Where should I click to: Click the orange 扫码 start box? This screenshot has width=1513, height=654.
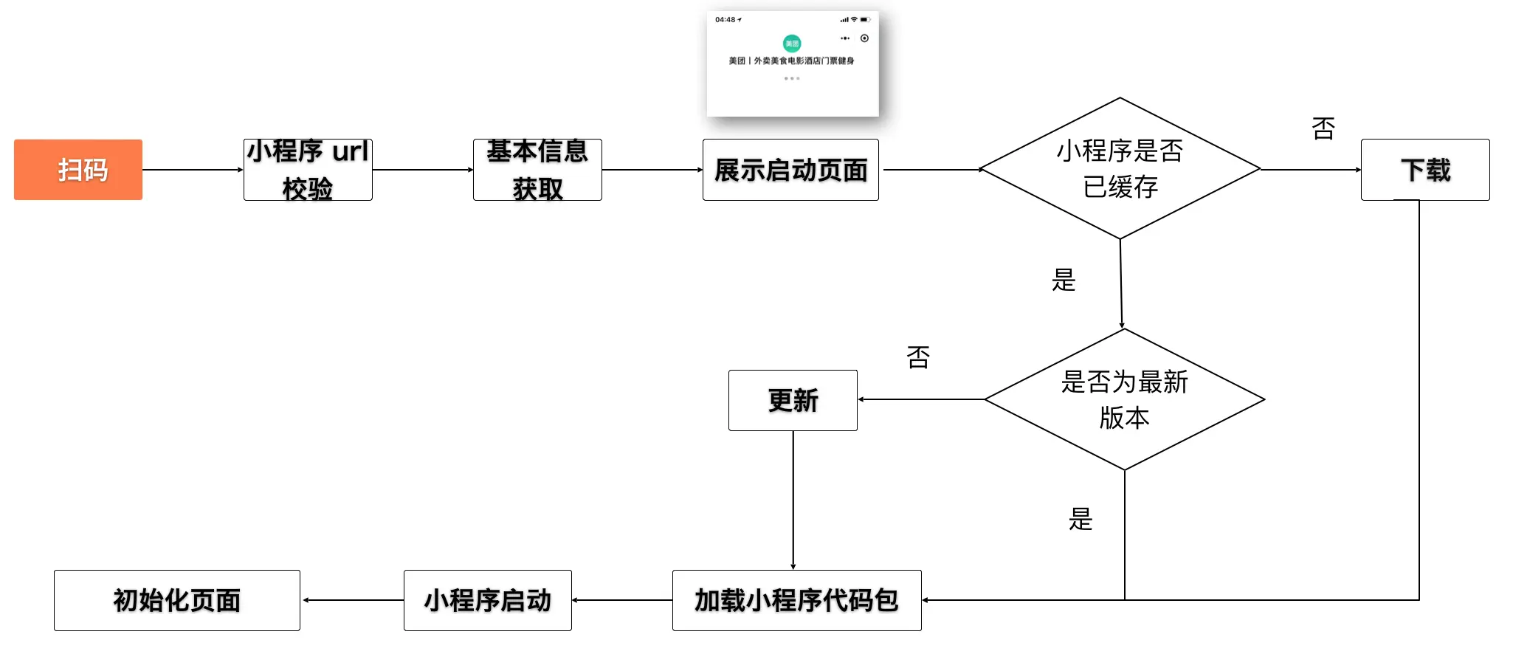click(78, 170)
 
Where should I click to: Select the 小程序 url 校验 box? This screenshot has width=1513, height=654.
click(308, 170)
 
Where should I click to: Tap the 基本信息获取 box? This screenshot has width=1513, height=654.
click(537, 170)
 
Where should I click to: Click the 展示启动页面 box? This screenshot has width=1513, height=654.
click(790, 170)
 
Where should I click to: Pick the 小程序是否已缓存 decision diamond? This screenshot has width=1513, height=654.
click(1120, 168)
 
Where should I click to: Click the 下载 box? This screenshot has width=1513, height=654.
click(1425, 170)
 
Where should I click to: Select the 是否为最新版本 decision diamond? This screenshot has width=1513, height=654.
click(1124, 399)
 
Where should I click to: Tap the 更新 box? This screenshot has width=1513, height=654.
click(793, 400)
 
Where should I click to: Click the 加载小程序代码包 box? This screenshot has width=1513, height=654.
click(796, 600)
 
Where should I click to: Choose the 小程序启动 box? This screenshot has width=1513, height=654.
click(487, 600)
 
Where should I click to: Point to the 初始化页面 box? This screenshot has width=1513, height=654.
click(177, 600)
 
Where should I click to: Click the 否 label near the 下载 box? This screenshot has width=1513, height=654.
click(1323, 128)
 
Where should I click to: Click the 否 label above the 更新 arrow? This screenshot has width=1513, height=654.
click(918, 357)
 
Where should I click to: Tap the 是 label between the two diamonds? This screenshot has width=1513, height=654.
click(1064, 280)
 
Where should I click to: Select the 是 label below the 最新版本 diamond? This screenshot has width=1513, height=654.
click(1081, 520)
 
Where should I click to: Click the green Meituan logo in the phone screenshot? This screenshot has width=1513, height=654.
click(792, 43)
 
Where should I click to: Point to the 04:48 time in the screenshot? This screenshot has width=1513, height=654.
click(726, 20)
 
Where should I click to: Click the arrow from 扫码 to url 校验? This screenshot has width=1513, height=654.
click(193, 170)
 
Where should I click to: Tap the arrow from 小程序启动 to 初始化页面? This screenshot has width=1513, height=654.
click(353, 600)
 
